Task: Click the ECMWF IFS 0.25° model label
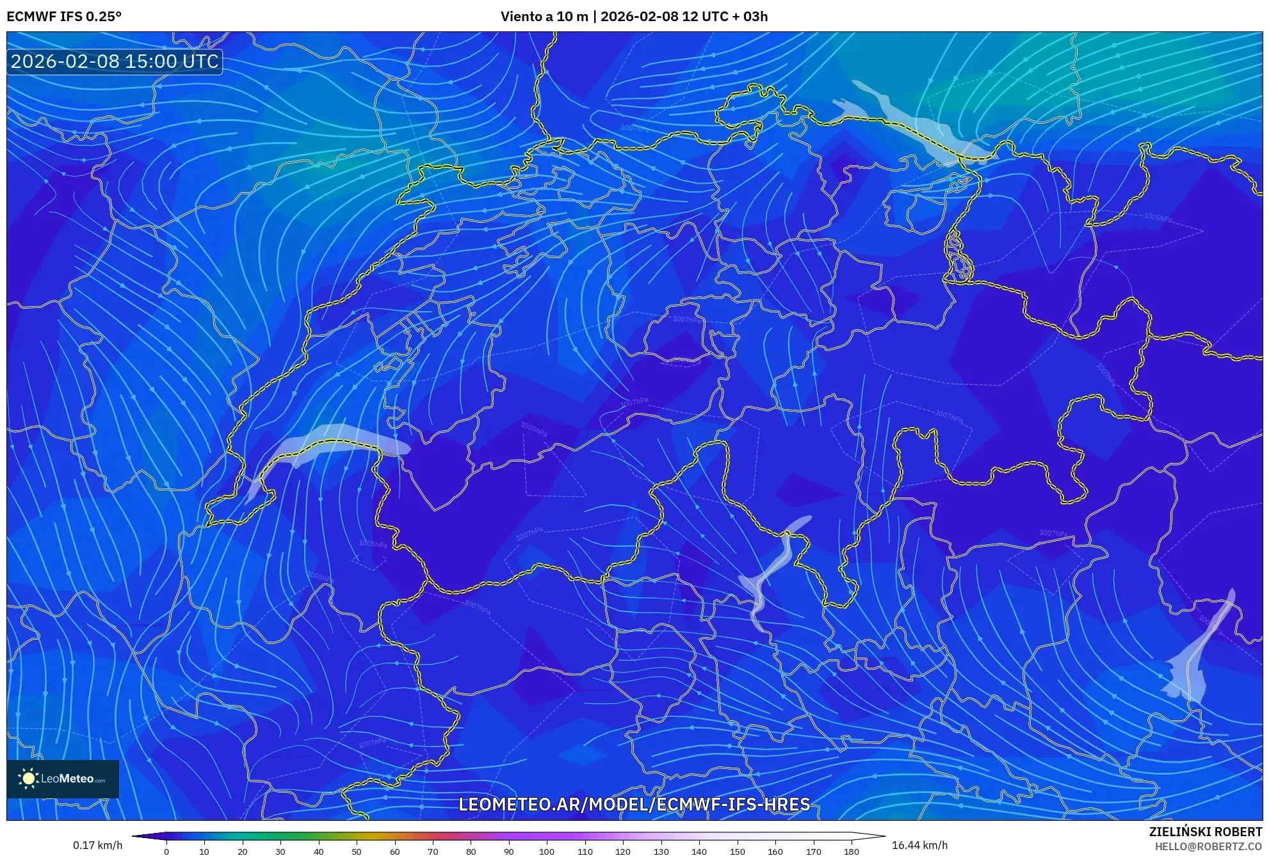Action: (x=64, y=17)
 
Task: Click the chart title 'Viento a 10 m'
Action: (x=544, y=17)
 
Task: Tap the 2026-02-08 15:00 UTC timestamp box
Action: (x=115, y=61)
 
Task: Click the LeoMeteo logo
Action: (x=63, y=779)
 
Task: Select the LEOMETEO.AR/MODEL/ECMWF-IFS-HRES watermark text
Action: (x=634, y=804)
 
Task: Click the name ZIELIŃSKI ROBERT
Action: (x=1205, y=832)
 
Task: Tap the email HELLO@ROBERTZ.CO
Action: (x=1208, y=846)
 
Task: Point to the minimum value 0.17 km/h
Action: (x=97, y=845)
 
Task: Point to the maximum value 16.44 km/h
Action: (x=919, y=845)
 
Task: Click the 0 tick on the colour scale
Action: (x=166, y=851)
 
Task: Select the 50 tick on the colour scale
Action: (x=357, y=851)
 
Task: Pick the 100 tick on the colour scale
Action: (x=547, y=851)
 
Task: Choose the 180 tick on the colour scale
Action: (x=851, y=851)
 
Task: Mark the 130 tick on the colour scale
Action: (x=661, y=851)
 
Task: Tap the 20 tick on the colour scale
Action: (x=243, y=851)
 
